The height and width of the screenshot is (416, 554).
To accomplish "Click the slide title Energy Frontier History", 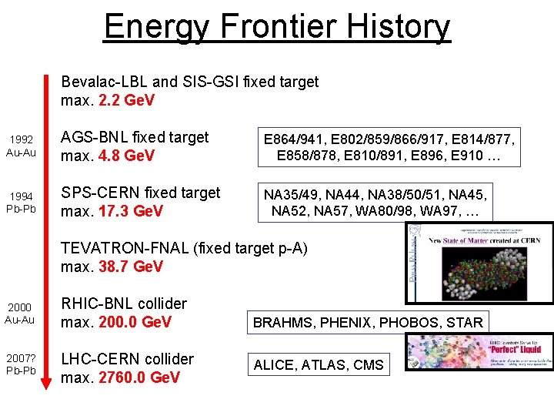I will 277,26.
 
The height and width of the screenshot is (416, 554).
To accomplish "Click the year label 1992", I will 21,139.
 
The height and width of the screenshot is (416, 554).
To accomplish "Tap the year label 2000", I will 21,307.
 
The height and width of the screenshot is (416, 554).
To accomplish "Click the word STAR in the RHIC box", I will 465,323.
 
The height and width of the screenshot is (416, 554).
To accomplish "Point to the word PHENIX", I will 343,323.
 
